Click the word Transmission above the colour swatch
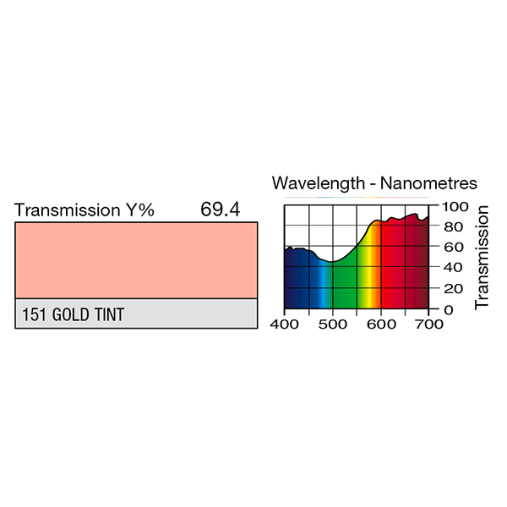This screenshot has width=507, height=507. click(x=67, y=210)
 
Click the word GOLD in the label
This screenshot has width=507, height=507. click(x=71, y=315)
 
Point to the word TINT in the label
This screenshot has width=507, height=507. click(x=108, y=315)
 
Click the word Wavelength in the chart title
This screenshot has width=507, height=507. click(x=320, y=183)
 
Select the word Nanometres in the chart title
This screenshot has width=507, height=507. click(x=428, y=183)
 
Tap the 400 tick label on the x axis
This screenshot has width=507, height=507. click(x=286, y=323)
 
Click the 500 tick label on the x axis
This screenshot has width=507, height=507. click(x=333, y=323)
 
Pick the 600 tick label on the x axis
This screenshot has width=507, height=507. click(x=381, y=323)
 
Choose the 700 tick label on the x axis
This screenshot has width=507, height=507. click(x=428, y=323)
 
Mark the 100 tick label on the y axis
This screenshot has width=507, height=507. click(x=453, y=206)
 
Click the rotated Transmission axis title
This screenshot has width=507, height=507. click(x=482, y=257)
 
